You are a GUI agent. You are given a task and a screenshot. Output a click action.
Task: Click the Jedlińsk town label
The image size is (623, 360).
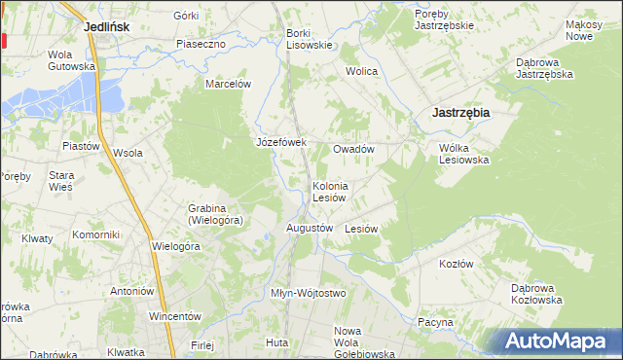click(107, 27)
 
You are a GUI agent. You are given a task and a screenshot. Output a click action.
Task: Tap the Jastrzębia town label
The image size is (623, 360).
click(460, 112)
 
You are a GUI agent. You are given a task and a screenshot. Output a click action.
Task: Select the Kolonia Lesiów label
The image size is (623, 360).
click(330, 191)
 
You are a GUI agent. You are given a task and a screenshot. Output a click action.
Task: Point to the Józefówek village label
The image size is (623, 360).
click(280, 142)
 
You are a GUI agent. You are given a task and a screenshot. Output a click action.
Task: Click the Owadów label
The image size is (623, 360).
click(353, 149)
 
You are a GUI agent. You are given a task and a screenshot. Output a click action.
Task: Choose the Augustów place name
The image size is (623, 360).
click(310, 228)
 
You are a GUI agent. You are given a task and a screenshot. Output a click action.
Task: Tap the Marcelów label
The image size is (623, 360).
click(228, 84)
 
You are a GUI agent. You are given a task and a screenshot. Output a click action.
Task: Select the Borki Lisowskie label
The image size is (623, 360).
click(310, 39)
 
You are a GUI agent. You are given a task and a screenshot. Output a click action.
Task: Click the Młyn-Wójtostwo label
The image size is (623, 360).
click(308, 293)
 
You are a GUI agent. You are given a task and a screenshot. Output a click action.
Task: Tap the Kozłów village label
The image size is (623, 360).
click(456, 264)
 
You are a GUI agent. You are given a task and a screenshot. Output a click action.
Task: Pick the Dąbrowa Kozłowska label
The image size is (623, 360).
click(536, 294)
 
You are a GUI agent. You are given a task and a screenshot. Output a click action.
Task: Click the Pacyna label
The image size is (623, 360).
click(435, 322)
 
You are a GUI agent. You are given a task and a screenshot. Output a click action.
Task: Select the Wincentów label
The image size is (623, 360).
click(174, 316)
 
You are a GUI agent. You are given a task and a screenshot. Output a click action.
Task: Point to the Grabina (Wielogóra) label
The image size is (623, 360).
click(215, 214)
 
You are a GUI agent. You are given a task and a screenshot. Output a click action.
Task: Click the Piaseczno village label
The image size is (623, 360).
click(202, 44)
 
